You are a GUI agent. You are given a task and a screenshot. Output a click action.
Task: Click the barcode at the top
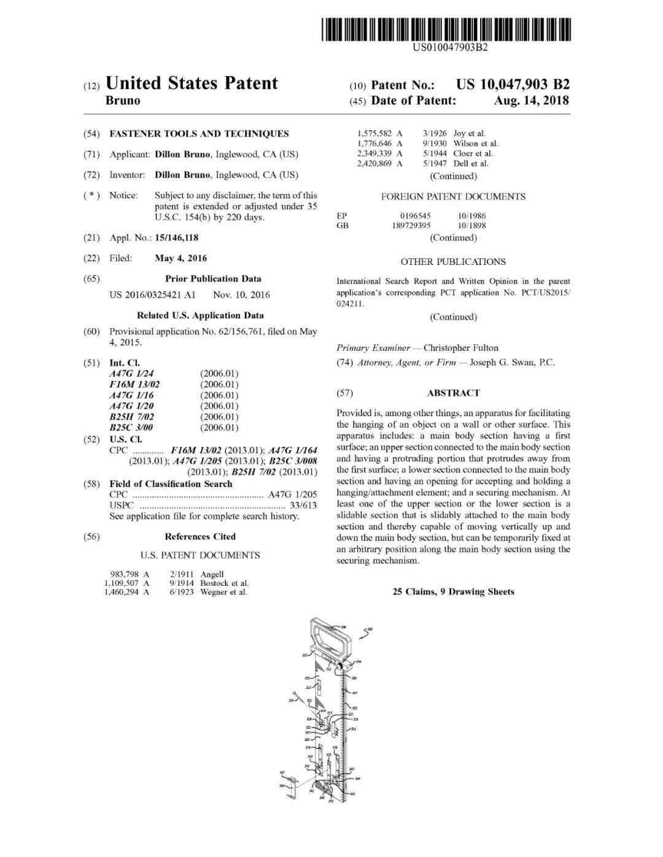(447, 29)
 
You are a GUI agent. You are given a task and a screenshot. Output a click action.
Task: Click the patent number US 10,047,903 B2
(513, 85)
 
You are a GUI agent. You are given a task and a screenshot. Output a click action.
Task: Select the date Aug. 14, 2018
(531, 101)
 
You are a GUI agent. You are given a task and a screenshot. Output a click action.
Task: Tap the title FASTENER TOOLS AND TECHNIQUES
(199, 134)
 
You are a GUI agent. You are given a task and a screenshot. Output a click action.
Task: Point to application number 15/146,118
(177, 237)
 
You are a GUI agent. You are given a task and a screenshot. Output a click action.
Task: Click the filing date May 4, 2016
(180, 258)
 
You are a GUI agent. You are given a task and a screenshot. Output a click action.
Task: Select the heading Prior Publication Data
(213, 279)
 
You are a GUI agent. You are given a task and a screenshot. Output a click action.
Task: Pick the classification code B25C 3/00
(131, 428)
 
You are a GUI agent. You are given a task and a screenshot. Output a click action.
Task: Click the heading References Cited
(200, 537)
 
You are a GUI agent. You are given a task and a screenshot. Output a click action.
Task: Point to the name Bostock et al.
(224, 583)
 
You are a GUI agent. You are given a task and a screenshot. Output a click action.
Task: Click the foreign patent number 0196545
(415, 216)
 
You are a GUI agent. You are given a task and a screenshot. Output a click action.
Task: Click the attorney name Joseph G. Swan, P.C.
(511, 363)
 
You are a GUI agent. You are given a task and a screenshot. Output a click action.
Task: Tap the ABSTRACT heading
(453, 393)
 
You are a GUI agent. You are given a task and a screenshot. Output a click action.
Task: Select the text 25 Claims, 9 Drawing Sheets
(453, 592)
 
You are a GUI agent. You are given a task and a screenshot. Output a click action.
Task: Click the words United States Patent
(192, 83)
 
